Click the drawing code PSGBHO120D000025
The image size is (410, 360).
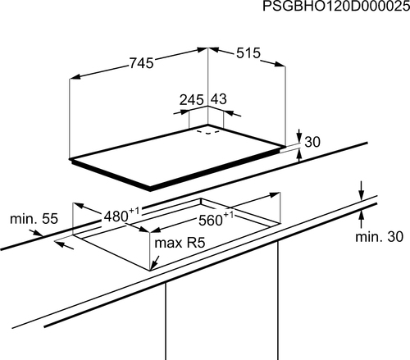336,7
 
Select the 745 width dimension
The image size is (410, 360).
141,63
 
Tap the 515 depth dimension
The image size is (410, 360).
248,53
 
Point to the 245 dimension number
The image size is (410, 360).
192,100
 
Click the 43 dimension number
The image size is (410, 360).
219,99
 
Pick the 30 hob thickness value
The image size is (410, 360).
312,142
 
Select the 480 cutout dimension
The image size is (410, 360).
116,216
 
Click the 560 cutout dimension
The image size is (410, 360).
211,221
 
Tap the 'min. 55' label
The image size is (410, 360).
34,219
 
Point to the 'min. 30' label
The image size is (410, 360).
379,237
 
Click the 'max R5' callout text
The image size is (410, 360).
180,243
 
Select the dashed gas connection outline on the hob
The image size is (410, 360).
208,131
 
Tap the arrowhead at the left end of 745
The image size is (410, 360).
75,77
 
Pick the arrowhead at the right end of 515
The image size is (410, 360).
280,64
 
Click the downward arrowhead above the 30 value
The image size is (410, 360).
299,138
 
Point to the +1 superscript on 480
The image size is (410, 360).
134,211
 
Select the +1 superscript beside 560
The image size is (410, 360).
229,215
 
